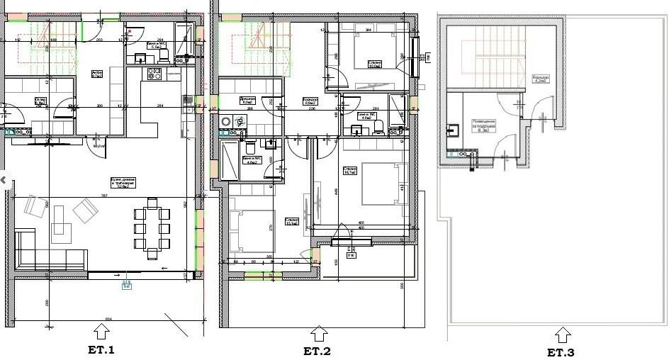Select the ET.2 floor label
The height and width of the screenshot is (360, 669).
(317, 351)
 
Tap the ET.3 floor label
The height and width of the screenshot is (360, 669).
(561, 352)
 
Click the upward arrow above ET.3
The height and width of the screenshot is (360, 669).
(562, 334)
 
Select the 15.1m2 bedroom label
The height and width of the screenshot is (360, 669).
(292, 220)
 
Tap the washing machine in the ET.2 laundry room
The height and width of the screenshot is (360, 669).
(226, 122)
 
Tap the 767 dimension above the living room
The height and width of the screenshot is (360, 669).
(104, 195)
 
